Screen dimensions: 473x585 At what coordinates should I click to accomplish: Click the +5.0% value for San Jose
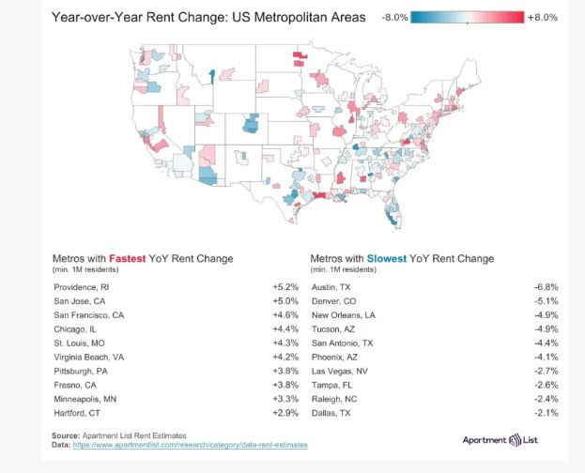click(x=285, y=301)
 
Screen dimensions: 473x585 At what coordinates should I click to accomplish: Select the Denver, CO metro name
click(x=333, y=301)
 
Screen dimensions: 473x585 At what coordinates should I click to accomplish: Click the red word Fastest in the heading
click(x=127, y=258)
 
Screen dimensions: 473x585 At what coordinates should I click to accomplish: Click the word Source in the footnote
click(x=65, y=435)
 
